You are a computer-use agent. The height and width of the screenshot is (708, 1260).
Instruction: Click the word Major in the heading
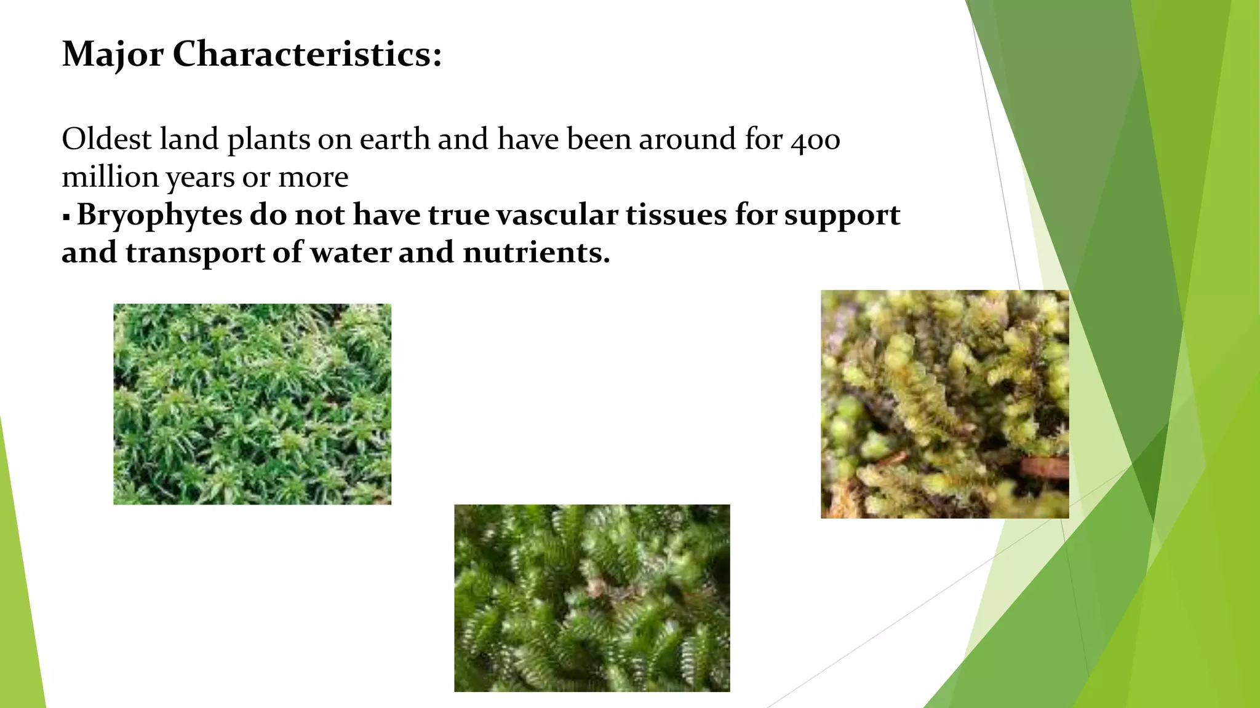[x=113, y=54]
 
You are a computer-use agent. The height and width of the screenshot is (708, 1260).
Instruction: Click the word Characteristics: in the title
[x=307, y=54]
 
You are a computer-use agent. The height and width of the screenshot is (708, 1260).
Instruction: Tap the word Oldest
[x=106, y=139]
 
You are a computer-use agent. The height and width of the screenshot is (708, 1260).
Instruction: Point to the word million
[x=110, y=177]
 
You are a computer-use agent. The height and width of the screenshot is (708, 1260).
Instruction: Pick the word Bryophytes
[x=159, y=216]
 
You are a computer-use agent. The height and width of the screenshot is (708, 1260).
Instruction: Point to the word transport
[x=195, y=253]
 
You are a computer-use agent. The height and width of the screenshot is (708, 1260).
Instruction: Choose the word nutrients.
[x=536, y=253]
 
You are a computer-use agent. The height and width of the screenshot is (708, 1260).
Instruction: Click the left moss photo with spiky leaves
[x=252, y=404]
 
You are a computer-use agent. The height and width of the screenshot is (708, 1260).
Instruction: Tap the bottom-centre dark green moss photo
[x=592, y=598]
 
